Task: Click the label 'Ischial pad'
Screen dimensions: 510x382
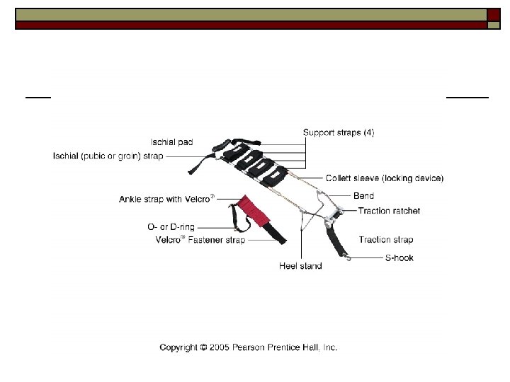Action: click(171, 142)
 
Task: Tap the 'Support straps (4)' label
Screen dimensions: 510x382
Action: click(339, 132)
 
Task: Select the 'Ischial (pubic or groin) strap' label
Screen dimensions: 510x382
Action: click(108, 156)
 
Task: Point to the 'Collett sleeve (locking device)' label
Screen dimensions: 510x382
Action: click(385, 178)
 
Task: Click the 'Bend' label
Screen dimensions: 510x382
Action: click(363, 195)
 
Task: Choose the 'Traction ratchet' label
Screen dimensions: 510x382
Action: click(389, 211)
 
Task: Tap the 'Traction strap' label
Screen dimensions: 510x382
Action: click(385, 240)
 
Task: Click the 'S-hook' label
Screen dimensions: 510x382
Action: click(399, 257)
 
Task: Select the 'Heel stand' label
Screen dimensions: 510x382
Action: click(300, 266)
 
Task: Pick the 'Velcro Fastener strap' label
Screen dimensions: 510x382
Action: click(200, 240)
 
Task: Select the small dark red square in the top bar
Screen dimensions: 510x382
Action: click(494, 14)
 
